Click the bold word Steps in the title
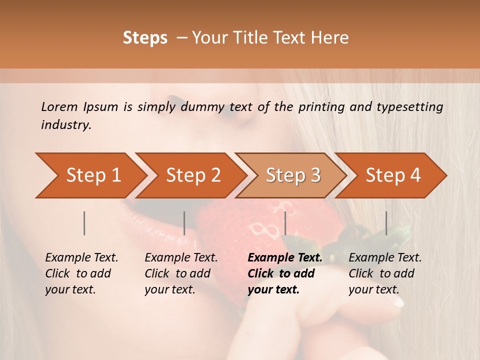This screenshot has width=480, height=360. pos(145,38)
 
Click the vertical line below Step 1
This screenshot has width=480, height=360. pos(84,223)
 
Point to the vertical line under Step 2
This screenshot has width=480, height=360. pos(184,223)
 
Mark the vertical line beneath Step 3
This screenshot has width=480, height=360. pos(285,223)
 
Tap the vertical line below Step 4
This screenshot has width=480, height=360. pos(386,223)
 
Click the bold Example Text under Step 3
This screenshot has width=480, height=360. pos(285,258)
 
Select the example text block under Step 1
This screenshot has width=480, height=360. pos(81,273)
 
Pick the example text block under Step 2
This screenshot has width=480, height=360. pos(180,273)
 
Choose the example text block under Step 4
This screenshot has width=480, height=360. pos(384,273)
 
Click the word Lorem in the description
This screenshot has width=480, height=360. pos(59,107)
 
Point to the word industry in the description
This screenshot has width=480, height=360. pos(65,125)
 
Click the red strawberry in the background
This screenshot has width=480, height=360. pos(250,230)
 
